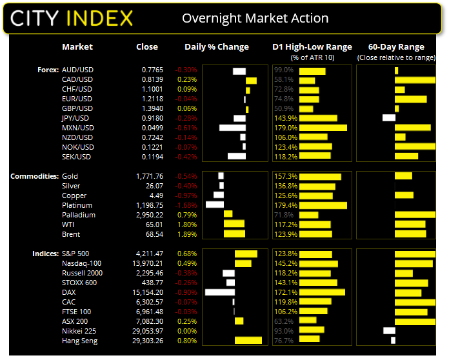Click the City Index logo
(72, 17)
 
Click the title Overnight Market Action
(255, 18)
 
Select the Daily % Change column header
(217, 47)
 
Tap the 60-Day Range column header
(395, 47)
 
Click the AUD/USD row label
(77, 70)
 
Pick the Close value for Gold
(150, 176)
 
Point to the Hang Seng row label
(79, 341)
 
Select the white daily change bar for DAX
(219, 292)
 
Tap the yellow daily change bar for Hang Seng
(248, 341)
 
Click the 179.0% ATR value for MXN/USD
(284, 128)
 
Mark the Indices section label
(45, 254)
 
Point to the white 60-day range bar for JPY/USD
(389, 118)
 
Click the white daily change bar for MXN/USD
(232, 128)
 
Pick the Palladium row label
(78, 215)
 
